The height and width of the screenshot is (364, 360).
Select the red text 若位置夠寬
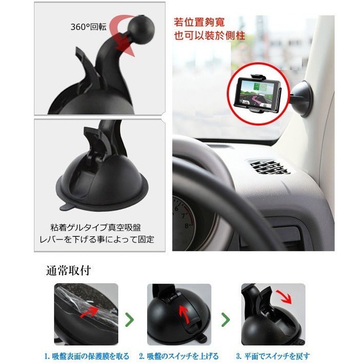point(200,23)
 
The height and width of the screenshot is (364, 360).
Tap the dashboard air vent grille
point(268,166)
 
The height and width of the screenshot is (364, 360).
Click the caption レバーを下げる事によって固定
point(97,239)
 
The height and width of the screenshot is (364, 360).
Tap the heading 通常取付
point(68,270)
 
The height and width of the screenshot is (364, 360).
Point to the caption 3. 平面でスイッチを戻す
point(273,356)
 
